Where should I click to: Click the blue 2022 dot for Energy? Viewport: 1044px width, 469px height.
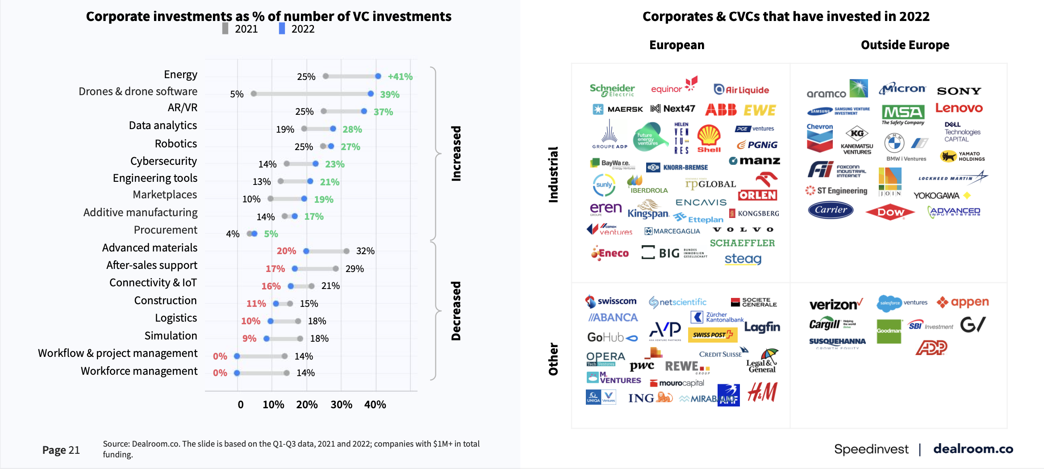tap(378, 76)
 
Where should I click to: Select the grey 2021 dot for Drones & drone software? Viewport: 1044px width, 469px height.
tap(254, 94)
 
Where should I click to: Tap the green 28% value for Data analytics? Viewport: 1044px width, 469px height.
tap(352, 130)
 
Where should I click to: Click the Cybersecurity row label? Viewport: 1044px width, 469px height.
tap(163, 161)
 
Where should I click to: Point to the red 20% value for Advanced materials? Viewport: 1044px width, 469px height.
tap(286, 251)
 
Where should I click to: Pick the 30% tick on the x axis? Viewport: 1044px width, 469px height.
tap(341, 405)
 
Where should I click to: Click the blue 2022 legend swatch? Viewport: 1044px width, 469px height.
tap(282, 29)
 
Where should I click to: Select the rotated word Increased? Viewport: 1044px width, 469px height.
tap(456, 153)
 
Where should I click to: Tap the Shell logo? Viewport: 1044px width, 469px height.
tap(709, 138)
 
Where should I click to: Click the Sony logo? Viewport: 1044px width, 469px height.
tap(959, 91)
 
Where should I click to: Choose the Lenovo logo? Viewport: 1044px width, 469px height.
tap(959, 108)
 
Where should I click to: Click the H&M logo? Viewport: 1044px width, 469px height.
tap(762, 392)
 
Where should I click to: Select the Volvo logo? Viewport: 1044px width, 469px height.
tap(743, 230)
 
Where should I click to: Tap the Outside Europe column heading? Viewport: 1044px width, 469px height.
tap(905, 45)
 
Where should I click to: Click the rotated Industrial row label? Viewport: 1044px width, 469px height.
tap(553, 175)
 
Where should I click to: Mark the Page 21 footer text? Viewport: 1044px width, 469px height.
tap(61, 450)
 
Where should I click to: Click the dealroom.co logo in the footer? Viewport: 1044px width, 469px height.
tap(973, 449)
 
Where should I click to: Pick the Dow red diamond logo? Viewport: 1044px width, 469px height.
tap(890, 213)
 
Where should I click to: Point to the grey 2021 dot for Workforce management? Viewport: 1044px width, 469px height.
tap(287, 373)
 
